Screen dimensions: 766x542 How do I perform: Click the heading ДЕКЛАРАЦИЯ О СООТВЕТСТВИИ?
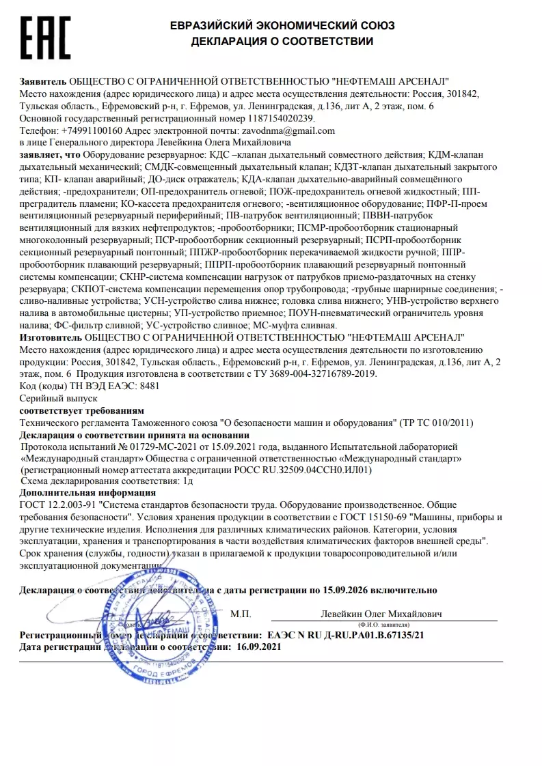[x=282, y=41]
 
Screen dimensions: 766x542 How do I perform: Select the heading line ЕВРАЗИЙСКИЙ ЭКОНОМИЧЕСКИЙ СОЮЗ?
[x=282, y=25]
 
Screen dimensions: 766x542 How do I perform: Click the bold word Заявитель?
[x=43, y=81]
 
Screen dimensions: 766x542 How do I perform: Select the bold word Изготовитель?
[x=49, y=337]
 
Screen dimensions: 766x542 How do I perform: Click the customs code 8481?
[x=149, y=386]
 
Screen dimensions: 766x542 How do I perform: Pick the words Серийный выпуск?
[x=49, y=398]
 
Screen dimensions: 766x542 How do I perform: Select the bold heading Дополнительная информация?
[x=87, y=492]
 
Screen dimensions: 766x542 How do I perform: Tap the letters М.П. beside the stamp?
[x=241, y=614]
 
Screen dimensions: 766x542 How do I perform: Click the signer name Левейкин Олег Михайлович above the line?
[x=381, y=614]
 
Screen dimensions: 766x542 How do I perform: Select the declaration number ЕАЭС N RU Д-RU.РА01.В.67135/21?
[x=346, y=634]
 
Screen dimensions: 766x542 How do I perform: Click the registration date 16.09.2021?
[x=258, y=646]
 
